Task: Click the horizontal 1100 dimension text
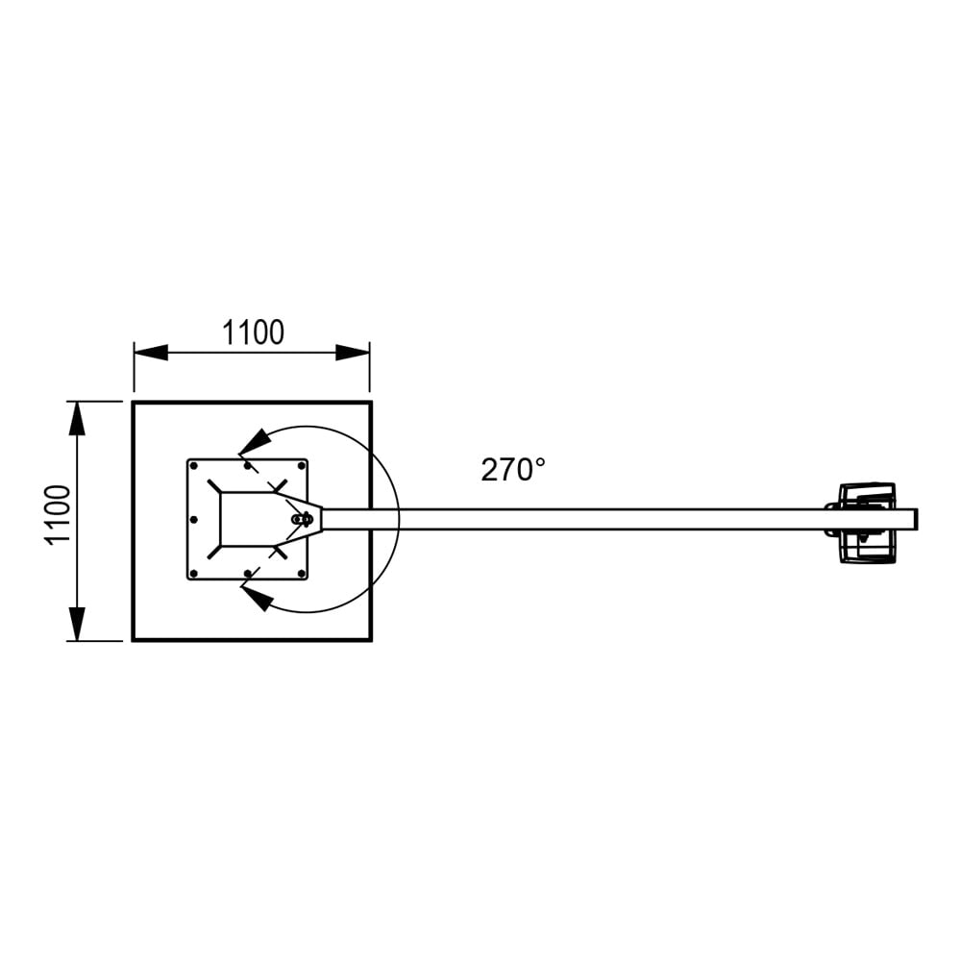pos(253,333)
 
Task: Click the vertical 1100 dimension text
pos(59,514)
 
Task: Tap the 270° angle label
pos(513,470)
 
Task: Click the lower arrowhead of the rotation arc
pos(255,599)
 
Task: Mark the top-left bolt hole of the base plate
pos(194,466)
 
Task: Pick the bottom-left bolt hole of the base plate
pos(194,574)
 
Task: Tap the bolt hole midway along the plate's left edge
pos(193,520)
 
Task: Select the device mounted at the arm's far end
pos(865,522)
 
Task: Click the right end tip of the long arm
pos(915,519)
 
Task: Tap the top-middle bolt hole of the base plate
pos(248,466)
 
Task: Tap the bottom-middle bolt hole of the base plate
pos(248,574)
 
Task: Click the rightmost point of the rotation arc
pos(399,519)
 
